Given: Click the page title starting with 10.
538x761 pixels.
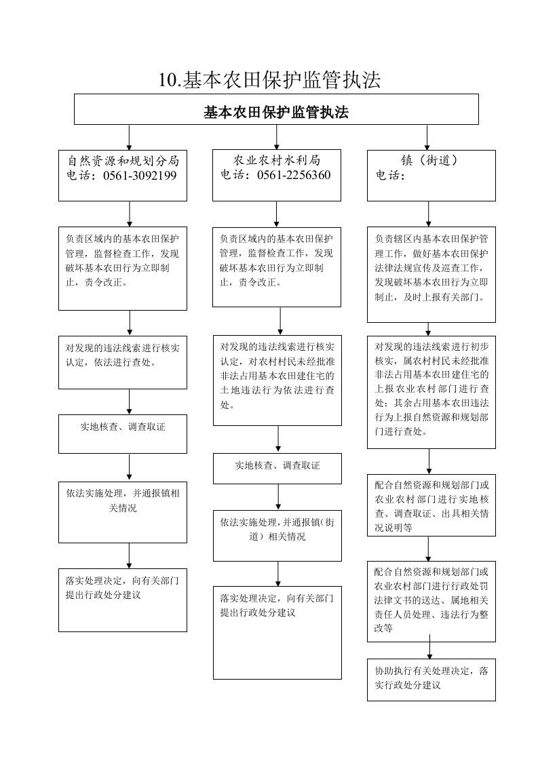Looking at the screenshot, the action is [x=269, y=79].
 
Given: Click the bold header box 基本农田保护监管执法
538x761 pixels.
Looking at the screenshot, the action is [x=276, y=109].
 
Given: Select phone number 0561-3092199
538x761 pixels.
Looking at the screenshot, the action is [x=140, y=175].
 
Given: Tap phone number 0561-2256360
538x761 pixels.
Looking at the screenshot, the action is [x=294, y=175].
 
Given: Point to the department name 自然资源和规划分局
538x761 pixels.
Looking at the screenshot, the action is [x=123, y=161].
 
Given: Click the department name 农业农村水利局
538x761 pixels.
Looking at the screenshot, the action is [x=277, y=160].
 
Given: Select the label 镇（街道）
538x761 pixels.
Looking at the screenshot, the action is [x=429, y=160].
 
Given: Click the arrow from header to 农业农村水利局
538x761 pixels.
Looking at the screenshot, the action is [x=277, y=137].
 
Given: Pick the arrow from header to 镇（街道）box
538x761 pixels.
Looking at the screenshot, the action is [x=427, y=138].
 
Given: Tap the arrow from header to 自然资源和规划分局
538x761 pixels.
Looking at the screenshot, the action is [x=129, y=137].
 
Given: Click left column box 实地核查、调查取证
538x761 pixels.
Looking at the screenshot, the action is [x=123, y=434].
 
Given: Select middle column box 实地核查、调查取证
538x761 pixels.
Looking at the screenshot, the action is [x=277, y=469].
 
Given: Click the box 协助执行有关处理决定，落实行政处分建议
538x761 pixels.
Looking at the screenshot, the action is [x=431, y=680].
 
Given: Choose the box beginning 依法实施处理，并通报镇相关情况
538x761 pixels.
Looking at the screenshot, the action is [x=123, y=512].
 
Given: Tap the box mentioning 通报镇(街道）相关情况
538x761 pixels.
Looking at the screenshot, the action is [x=277, y=536].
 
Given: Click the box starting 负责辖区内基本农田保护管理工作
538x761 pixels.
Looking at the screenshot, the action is [x=431, y=274].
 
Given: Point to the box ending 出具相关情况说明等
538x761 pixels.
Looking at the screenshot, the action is [x=431, y=505].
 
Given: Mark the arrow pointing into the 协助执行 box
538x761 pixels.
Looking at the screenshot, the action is [x=429, y=646].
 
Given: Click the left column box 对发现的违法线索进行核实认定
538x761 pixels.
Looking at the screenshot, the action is [x=123, y=362].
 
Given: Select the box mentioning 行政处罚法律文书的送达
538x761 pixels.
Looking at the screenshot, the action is [x=431, y=602].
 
